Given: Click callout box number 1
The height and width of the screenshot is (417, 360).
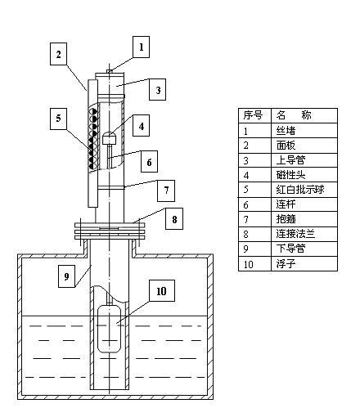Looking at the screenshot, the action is [x=142, y=47].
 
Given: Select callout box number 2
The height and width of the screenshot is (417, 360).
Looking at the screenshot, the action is [x=58, y=54].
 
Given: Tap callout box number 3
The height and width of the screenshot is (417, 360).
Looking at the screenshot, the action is [x=158, y=90].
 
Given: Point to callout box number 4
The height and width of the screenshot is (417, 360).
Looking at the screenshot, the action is [x=141, y=126].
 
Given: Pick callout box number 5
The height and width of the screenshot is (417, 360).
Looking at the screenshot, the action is [x=58, y=119].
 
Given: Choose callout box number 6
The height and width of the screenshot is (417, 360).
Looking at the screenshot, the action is [x=149, y=162].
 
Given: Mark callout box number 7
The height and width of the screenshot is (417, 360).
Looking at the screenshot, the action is [x=166, y=191].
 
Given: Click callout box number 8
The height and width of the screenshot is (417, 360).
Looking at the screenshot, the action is [x=174, y=219].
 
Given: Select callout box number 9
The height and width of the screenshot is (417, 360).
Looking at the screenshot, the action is [x=66, y=276].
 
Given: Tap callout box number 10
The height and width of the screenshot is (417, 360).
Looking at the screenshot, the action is [x=162, y=290].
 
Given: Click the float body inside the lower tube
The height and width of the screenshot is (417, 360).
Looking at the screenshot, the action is [x=109, y=329].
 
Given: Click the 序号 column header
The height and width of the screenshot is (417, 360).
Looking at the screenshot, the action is [x=253, y=115].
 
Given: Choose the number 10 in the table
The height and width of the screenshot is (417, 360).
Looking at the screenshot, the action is [x=249, y=264].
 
